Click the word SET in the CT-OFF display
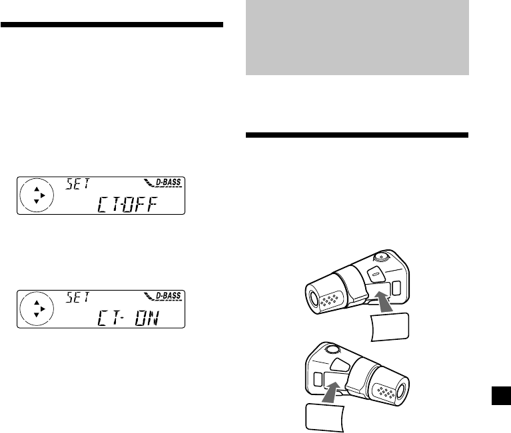[x=77, y=184]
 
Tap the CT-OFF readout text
[x=127, y=204]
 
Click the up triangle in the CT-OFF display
[x=37, y=189]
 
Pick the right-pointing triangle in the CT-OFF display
[x=43, y=196]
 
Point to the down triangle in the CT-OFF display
[x=37, y=202]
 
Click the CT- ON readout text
[x=128, y=318]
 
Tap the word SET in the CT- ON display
[x=77, y=297]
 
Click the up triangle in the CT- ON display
[x=37, y=302]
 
